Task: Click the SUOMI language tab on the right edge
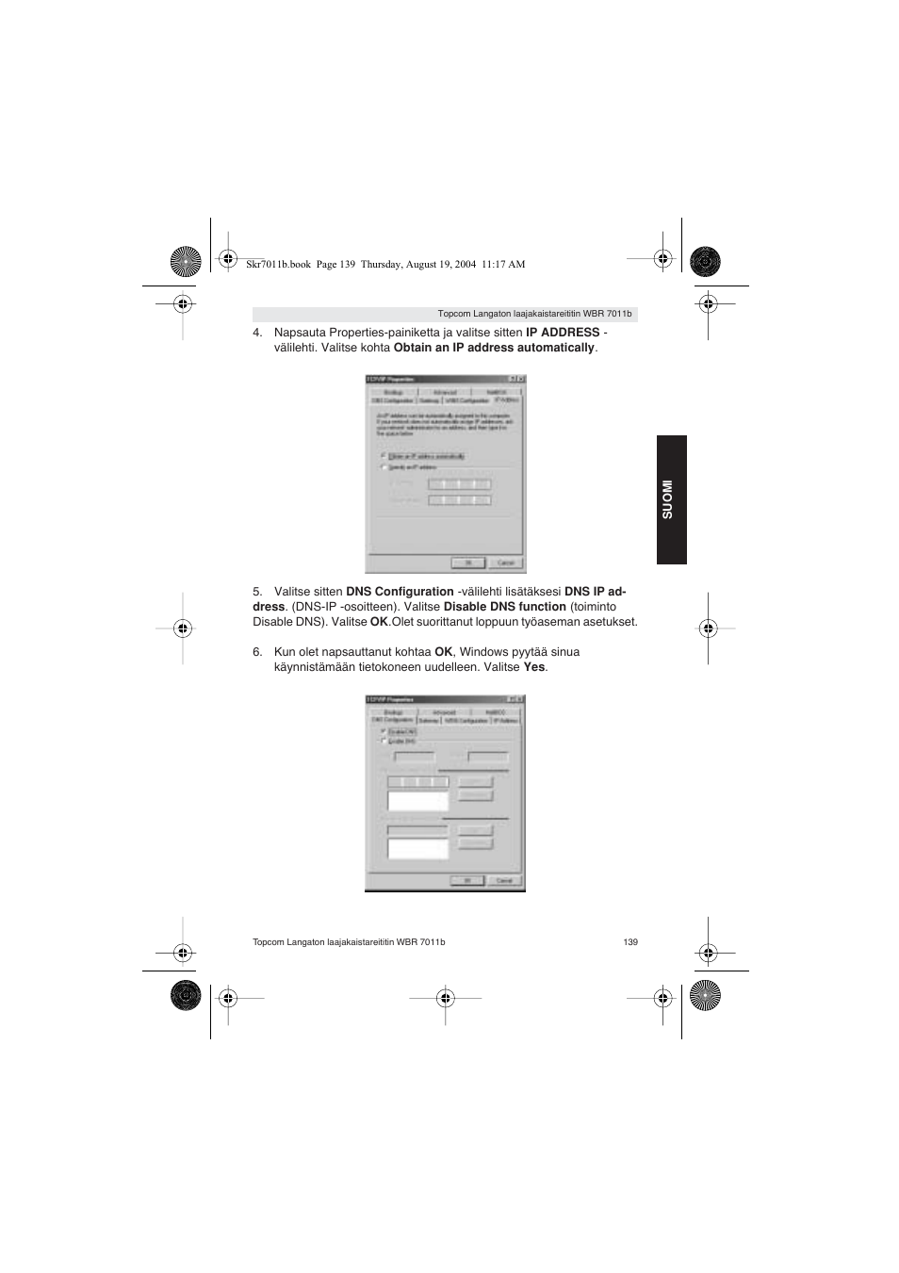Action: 671,499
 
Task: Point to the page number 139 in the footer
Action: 630,942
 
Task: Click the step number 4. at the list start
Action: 257,333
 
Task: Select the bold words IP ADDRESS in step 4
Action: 563,333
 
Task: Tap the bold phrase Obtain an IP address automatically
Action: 494,348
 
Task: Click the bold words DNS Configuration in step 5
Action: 400,592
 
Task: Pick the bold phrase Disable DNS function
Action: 504,607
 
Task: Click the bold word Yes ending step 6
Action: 533,667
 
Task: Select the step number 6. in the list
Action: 257,652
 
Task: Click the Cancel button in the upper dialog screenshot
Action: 505,563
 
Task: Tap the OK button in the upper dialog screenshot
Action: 468,563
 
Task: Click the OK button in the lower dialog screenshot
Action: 467,881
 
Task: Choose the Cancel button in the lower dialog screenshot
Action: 504,881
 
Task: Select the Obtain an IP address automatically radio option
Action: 384,456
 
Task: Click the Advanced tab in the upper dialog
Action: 445,392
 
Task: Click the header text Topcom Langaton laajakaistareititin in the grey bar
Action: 509,314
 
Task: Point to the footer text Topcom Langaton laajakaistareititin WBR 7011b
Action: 349,942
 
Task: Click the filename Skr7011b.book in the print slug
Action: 278,265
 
